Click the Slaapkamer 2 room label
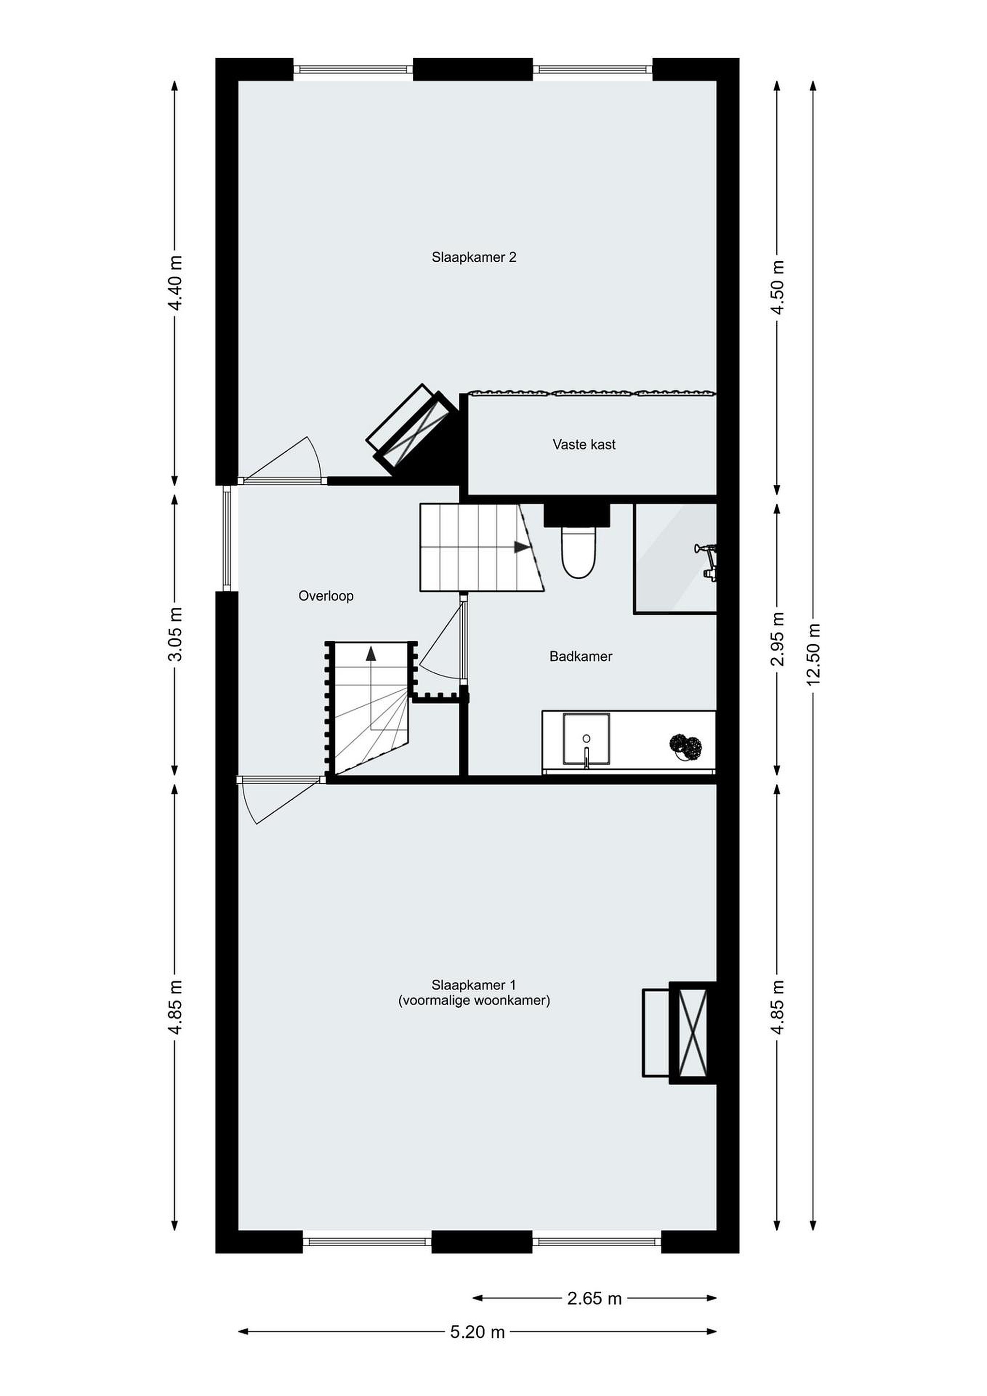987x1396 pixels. (474, 257)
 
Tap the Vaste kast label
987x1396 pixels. (584, 444)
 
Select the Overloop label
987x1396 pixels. (326, 596)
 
